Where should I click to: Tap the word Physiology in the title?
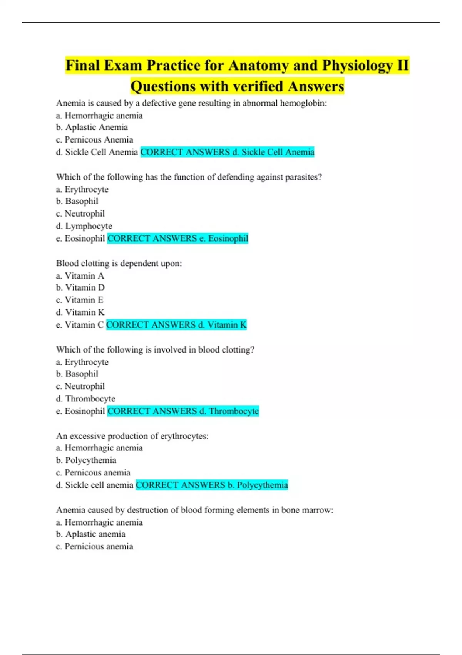click(x=357, y=65)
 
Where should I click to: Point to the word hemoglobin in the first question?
click(x=303, y=103)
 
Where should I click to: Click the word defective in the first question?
click(x=161, y=103)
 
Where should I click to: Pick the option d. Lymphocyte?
click(x=84, y=226)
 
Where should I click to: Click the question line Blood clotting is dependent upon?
click(x=119, y=264)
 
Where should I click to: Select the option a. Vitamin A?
click(x=80, y=276)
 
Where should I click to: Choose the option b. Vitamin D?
click(x=80, y=288)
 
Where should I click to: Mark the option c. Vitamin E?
click(x=80, y=300)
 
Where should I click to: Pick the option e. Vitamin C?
click(x=80, y=325)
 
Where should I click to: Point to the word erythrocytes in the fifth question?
click(x=184, y=436)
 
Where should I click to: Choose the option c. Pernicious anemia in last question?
click(x=94, y=547)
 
